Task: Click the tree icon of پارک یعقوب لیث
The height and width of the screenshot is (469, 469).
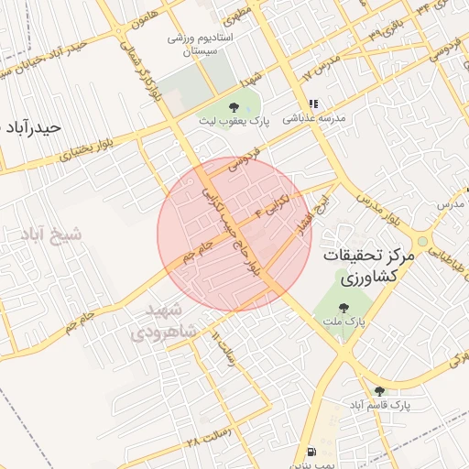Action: pyautogui.click(x=237, y=106)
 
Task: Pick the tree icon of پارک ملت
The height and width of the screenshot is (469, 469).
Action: pyautogui.click(x=344, y=309)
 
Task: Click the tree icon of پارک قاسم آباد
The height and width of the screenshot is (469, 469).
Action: pyautogui.click(x=379, y=391)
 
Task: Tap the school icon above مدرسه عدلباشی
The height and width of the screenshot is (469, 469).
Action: pyautogui.click(x=314, y=104)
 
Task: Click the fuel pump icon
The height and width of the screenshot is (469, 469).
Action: pyautogui.click(x=313, y=451)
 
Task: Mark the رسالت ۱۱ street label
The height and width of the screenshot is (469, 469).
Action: pyautogui.click(x=222, y=346)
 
